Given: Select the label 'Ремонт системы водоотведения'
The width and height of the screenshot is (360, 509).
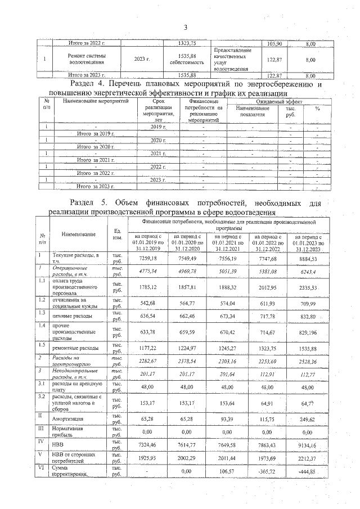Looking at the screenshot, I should pyautogui.click(x=86, y=59).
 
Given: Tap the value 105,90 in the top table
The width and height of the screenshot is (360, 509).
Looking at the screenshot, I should pyautogui.click(x=274, y=43).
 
